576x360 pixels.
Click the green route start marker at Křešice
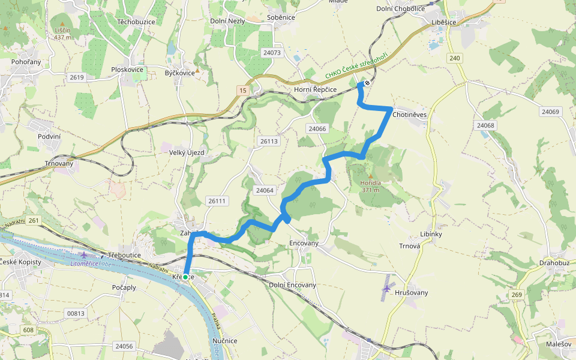tap(185, 277)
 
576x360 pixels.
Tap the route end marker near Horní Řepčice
tap(367, 83)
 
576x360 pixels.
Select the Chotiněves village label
tap(409, 114)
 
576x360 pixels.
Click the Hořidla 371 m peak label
tap(370, 186)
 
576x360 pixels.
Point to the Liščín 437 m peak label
tap(63, 34)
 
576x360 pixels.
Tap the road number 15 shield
tap(242, 90)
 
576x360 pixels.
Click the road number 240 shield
tap(454, 58)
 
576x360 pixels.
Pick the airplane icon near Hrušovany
tap(387, 289)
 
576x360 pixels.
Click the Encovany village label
tap(303, 244)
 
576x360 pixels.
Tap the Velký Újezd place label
tap(187, 152)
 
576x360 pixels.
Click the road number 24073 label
tap(272, 53)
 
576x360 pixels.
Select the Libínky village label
tap(431, 234)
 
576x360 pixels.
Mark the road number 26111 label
tap(216, 201)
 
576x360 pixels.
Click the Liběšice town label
tap(460, 22)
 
